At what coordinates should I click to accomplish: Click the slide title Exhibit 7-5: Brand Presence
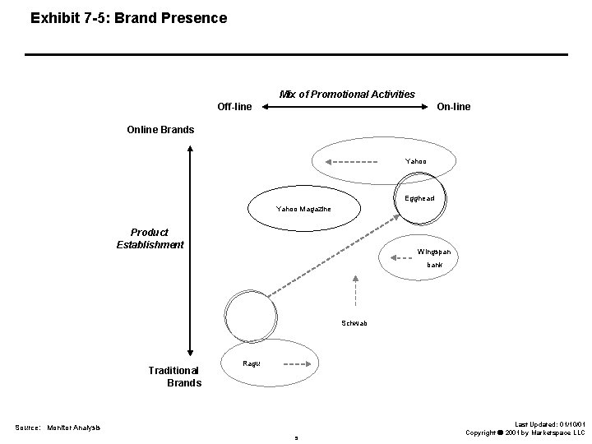[x=128, y=16]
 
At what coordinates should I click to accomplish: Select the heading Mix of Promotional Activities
[x=347, y=94]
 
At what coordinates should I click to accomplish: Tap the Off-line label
[x=234, y=107]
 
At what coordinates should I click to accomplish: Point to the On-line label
[x=454, y=107]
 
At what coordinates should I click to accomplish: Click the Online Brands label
[x=160, y=129]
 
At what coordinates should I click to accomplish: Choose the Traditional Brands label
[x=174, y=377]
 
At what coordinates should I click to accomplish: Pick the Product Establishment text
[x=150, y=238]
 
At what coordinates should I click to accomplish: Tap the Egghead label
[x=420, y=198]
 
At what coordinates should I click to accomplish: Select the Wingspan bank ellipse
[x=428, y=256]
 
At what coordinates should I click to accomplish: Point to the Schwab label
[x=354, y=323]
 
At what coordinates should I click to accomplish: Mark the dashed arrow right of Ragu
[x=292, y=364]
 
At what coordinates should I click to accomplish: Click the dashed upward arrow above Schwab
[x=354, y=292]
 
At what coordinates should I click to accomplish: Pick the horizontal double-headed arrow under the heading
[x=346, y=107]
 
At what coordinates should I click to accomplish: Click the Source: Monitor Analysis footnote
[x=58, y=428]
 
